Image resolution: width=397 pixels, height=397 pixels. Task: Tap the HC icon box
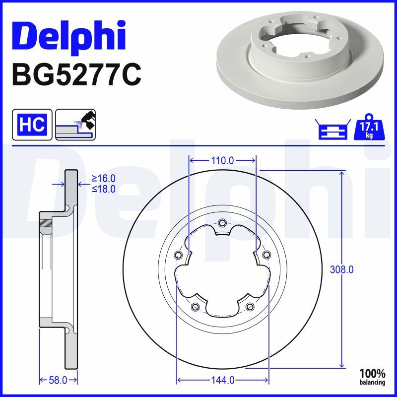click(32, 125)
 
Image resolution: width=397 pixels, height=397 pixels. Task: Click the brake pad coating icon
click(75, 125)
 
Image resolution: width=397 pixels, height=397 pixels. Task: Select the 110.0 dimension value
click(222, 160)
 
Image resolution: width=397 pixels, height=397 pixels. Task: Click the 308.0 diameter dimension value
click(341, 269)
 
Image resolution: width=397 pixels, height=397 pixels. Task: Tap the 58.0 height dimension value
click(58, 380)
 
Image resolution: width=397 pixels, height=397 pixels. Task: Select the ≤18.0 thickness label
click(103, 189)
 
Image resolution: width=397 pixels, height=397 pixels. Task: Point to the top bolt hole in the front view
click(222, 222)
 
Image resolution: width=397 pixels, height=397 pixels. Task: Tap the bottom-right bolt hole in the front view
click(250, 307)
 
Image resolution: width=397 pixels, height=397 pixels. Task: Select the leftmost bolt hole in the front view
click(178, 255)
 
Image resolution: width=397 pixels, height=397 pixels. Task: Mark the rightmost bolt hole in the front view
click(267, 255)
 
